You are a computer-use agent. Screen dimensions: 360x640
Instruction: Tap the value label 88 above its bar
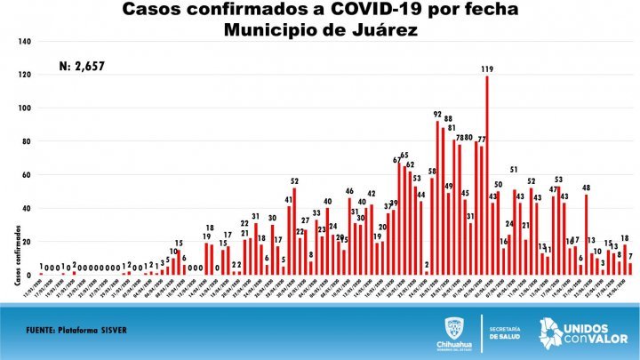point(448,118)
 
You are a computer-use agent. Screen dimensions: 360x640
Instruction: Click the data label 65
point(404,156)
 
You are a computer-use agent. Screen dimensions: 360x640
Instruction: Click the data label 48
point(587,188)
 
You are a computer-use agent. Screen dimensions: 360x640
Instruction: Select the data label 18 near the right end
point(626,237)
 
